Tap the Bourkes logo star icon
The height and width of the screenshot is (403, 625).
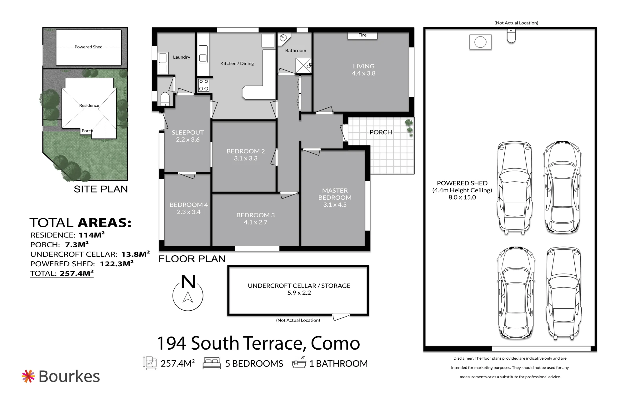28,376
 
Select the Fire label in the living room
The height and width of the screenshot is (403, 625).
362,35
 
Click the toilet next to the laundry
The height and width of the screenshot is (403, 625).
165,99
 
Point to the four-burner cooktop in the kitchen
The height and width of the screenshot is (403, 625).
204,85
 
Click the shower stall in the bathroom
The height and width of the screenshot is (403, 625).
303,66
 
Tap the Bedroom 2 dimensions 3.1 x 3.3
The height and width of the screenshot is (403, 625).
246,158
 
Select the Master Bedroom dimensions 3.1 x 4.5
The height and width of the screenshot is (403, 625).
335,205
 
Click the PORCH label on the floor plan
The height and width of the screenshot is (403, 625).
381,132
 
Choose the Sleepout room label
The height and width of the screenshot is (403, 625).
187,132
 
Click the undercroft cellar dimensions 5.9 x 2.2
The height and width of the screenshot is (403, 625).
299,293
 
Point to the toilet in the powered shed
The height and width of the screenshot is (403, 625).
511,36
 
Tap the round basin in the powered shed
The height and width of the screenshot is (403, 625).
480,42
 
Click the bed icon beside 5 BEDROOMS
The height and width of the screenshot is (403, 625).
212,363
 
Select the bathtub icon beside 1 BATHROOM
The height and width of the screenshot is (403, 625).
299,362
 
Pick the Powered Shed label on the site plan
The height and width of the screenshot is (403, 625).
88,47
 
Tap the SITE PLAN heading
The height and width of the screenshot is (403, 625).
101,189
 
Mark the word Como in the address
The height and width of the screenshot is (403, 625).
335,343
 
